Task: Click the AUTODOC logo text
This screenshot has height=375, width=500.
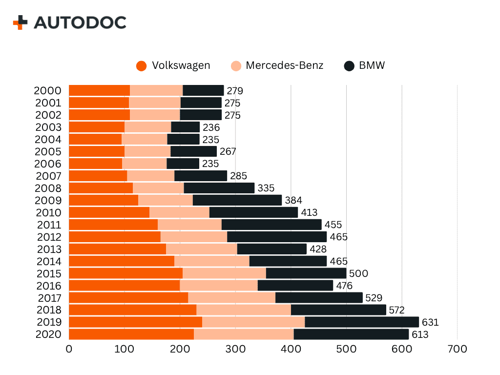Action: pos(80,22)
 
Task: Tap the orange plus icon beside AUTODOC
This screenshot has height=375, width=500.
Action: pos(21,22)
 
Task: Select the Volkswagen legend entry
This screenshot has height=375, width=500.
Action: pos(174,65)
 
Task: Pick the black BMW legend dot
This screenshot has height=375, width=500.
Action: pos(349,66)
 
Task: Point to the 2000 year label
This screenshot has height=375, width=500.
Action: pos(47,91)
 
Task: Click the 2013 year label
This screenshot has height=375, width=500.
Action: pos(49,249)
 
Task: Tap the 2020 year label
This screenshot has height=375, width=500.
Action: pos(48,334)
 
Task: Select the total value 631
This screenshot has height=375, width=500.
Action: pos(430,322)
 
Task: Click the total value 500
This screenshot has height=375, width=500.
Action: pos(358,273)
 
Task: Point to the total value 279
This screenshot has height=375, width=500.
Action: pos(234,91)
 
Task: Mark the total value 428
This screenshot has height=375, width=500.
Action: pos(318,249)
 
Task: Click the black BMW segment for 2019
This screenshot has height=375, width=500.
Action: pos(361,322)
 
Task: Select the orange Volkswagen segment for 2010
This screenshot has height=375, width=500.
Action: pos(109,212)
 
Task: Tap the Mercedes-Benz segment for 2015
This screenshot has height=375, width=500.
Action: pos(224,273)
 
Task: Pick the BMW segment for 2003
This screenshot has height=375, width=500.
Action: pos(185,127)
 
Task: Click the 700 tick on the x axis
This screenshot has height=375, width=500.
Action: pos(458,349)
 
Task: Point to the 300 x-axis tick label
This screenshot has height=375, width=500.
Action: pos(235,349)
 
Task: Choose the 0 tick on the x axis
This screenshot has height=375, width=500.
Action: pos(69,349)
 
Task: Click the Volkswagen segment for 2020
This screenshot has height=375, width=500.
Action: pos(131,334)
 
